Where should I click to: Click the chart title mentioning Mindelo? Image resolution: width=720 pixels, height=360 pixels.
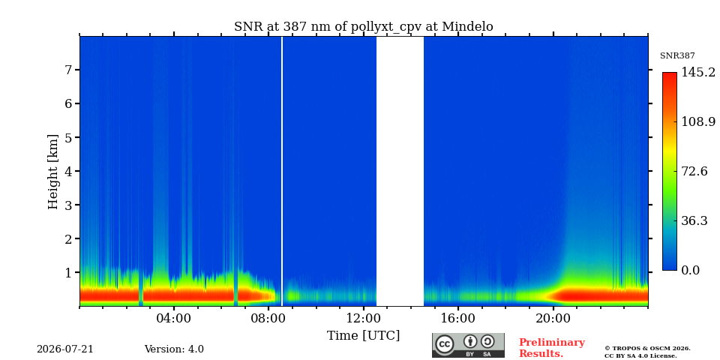pyautogui.click(x=363, y=27)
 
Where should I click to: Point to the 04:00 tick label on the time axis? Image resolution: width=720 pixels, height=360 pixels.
pyautogui.click(x=173, y=318)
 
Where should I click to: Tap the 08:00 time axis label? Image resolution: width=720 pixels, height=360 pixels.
pyautogui.click(x=268, y=318)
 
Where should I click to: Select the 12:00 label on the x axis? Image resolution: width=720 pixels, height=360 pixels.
pyautogui.click(x=363, y=318)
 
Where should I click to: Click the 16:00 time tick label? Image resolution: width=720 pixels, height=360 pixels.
pyautogui.click(x=458, y=318)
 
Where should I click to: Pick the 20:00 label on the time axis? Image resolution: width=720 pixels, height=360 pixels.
pyautogui.click(x=553, y=318)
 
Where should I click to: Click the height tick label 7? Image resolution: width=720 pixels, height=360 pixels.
pyautogui.click(x=70, y=70)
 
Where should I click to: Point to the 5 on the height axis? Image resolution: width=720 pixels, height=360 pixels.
pyautogui.click(x=70, y=137)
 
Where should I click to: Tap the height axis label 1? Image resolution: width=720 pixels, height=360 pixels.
pyautogui.click(x=70, y=272)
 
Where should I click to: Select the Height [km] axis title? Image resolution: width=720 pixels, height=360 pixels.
pyautogui.click(x=54, y=172)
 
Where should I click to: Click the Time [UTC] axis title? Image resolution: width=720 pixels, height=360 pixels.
pyautogui.click(x=363, y=336)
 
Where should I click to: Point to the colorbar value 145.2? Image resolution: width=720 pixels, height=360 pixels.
pyautogui.click(x=698, y=72)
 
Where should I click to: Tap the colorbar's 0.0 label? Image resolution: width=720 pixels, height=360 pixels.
pyautogui.click(x=690, y=270)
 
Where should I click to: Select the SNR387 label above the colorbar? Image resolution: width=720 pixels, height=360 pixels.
pyautogui.click(x=677, y=55)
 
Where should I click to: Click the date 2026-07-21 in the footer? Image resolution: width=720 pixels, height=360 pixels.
pyautogui.click(x=65, y=349)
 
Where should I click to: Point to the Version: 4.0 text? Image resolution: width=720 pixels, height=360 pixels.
pyautogui.click(x=174, y=349)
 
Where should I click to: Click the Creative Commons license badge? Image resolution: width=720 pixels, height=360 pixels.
pyautogui.click(x=468, y=345)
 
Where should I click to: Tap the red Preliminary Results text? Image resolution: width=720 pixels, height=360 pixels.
pyautogui.click(x=552, y=348)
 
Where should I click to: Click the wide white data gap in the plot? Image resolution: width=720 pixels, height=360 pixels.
pyautogui.click(x=400, y=171)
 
